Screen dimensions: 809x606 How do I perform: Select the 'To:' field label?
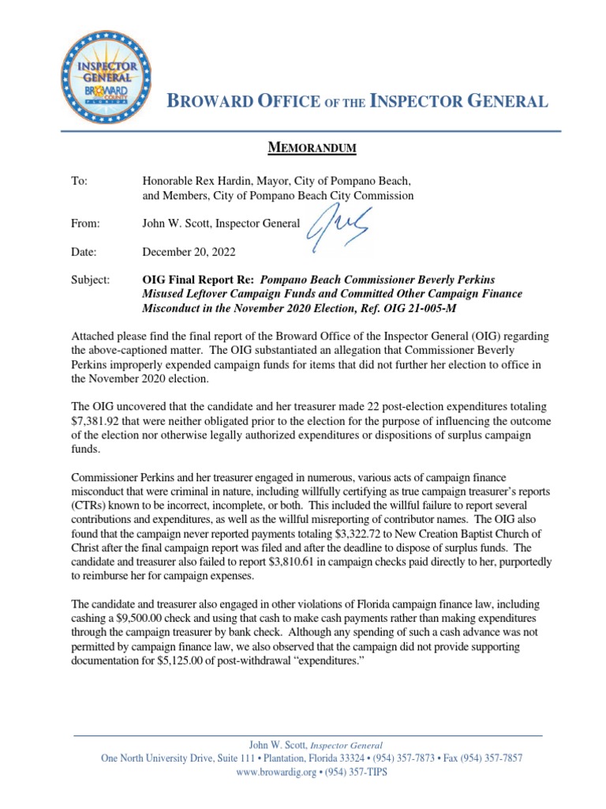pyautogui.click(x=79, y=181)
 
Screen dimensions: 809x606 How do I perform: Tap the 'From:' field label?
pyautogui.click(x=86, y=224)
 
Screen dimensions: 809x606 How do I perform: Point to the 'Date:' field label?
pyautogui.click(x=84, y=252)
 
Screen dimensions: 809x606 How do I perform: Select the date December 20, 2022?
pyautogui.click(x=188, y=252)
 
